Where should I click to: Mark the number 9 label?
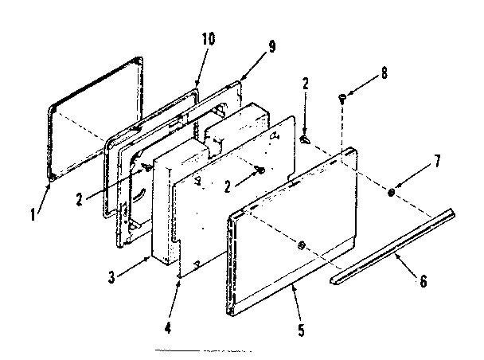pyautogui.click(x=271, y=47)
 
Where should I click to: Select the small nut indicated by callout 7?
pyautogui.click(x=392, y=194)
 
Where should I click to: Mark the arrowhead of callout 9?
pyautogui.click(x=240, y=79)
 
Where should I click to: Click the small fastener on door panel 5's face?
pyautogui.click(x=299, y=245)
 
